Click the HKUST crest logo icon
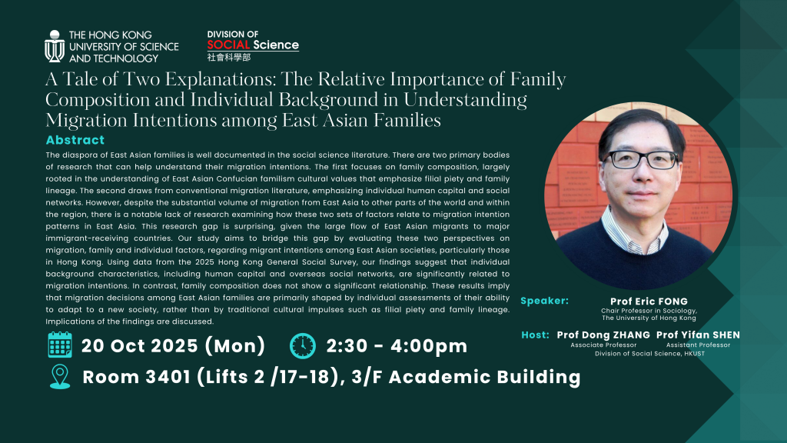pyautogui.click(x=55, y=46)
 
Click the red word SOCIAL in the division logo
pyautogui.click(x=228, y=45)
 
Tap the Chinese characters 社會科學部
pyautogui.click(x=229, y=57)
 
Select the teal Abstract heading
pyautogui.click(x=75, y=140)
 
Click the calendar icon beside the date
pyautogui.click(x=60, y=345)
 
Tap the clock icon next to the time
pyautogui.click(x=303, y=345)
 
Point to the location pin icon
pyautogui.click(x=60, y=377)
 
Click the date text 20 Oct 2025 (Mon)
pyautogui.click(x=173, y=345)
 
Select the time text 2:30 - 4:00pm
pyautogui.click(x=397, y=345)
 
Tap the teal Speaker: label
pyautogui.click(x=545, y=301)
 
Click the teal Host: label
pyautogui.click(x=535, y=335)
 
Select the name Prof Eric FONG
pyautogui.click(x=649, y=301)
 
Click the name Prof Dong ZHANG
pyautogui.click(x=603, y=335)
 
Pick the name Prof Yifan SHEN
pyautogui.click(x=698, y=335)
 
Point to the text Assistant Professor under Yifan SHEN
pyautogui.click(x=698, y=345)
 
